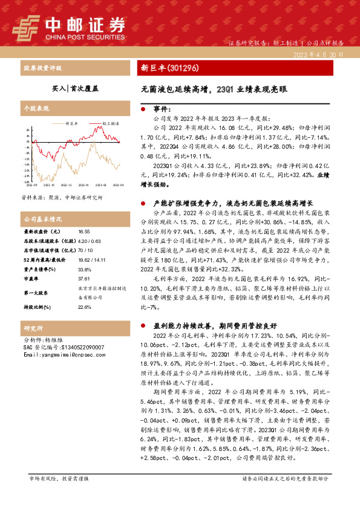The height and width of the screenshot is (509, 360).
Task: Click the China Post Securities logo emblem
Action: click(25, 25)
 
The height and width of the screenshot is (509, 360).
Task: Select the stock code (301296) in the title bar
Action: click(182, 68)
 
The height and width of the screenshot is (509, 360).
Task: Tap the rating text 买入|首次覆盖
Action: click(74, 88)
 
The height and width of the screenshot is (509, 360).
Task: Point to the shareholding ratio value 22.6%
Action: click(85, 307)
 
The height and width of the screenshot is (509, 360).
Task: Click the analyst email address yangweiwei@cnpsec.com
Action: click(67, 355)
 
